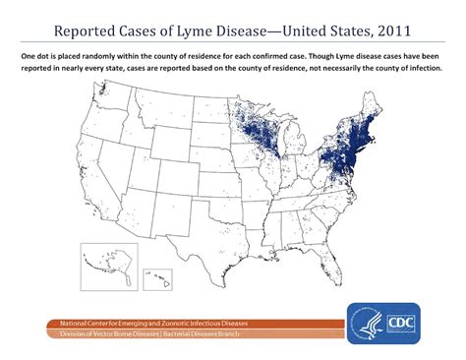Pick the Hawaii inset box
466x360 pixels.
pos(157,279)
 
